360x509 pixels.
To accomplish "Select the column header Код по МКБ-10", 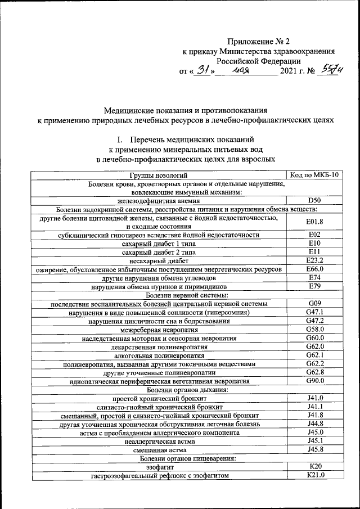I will click(x=314, y=175).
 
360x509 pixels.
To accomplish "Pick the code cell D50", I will click(x=314, y=200).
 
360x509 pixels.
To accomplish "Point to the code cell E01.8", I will click(x=314, y=222).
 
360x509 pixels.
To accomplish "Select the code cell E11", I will click(x=314, y=251).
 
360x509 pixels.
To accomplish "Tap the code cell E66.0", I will click(x=314, y=269).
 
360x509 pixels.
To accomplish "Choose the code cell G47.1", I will click(x=314, y=312).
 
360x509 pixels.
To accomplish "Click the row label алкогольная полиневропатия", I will click(x=158, y=355).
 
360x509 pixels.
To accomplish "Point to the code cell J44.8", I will click(x=314, y=424).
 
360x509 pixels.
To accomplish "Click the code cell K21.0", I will click(x=314, y=476).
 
